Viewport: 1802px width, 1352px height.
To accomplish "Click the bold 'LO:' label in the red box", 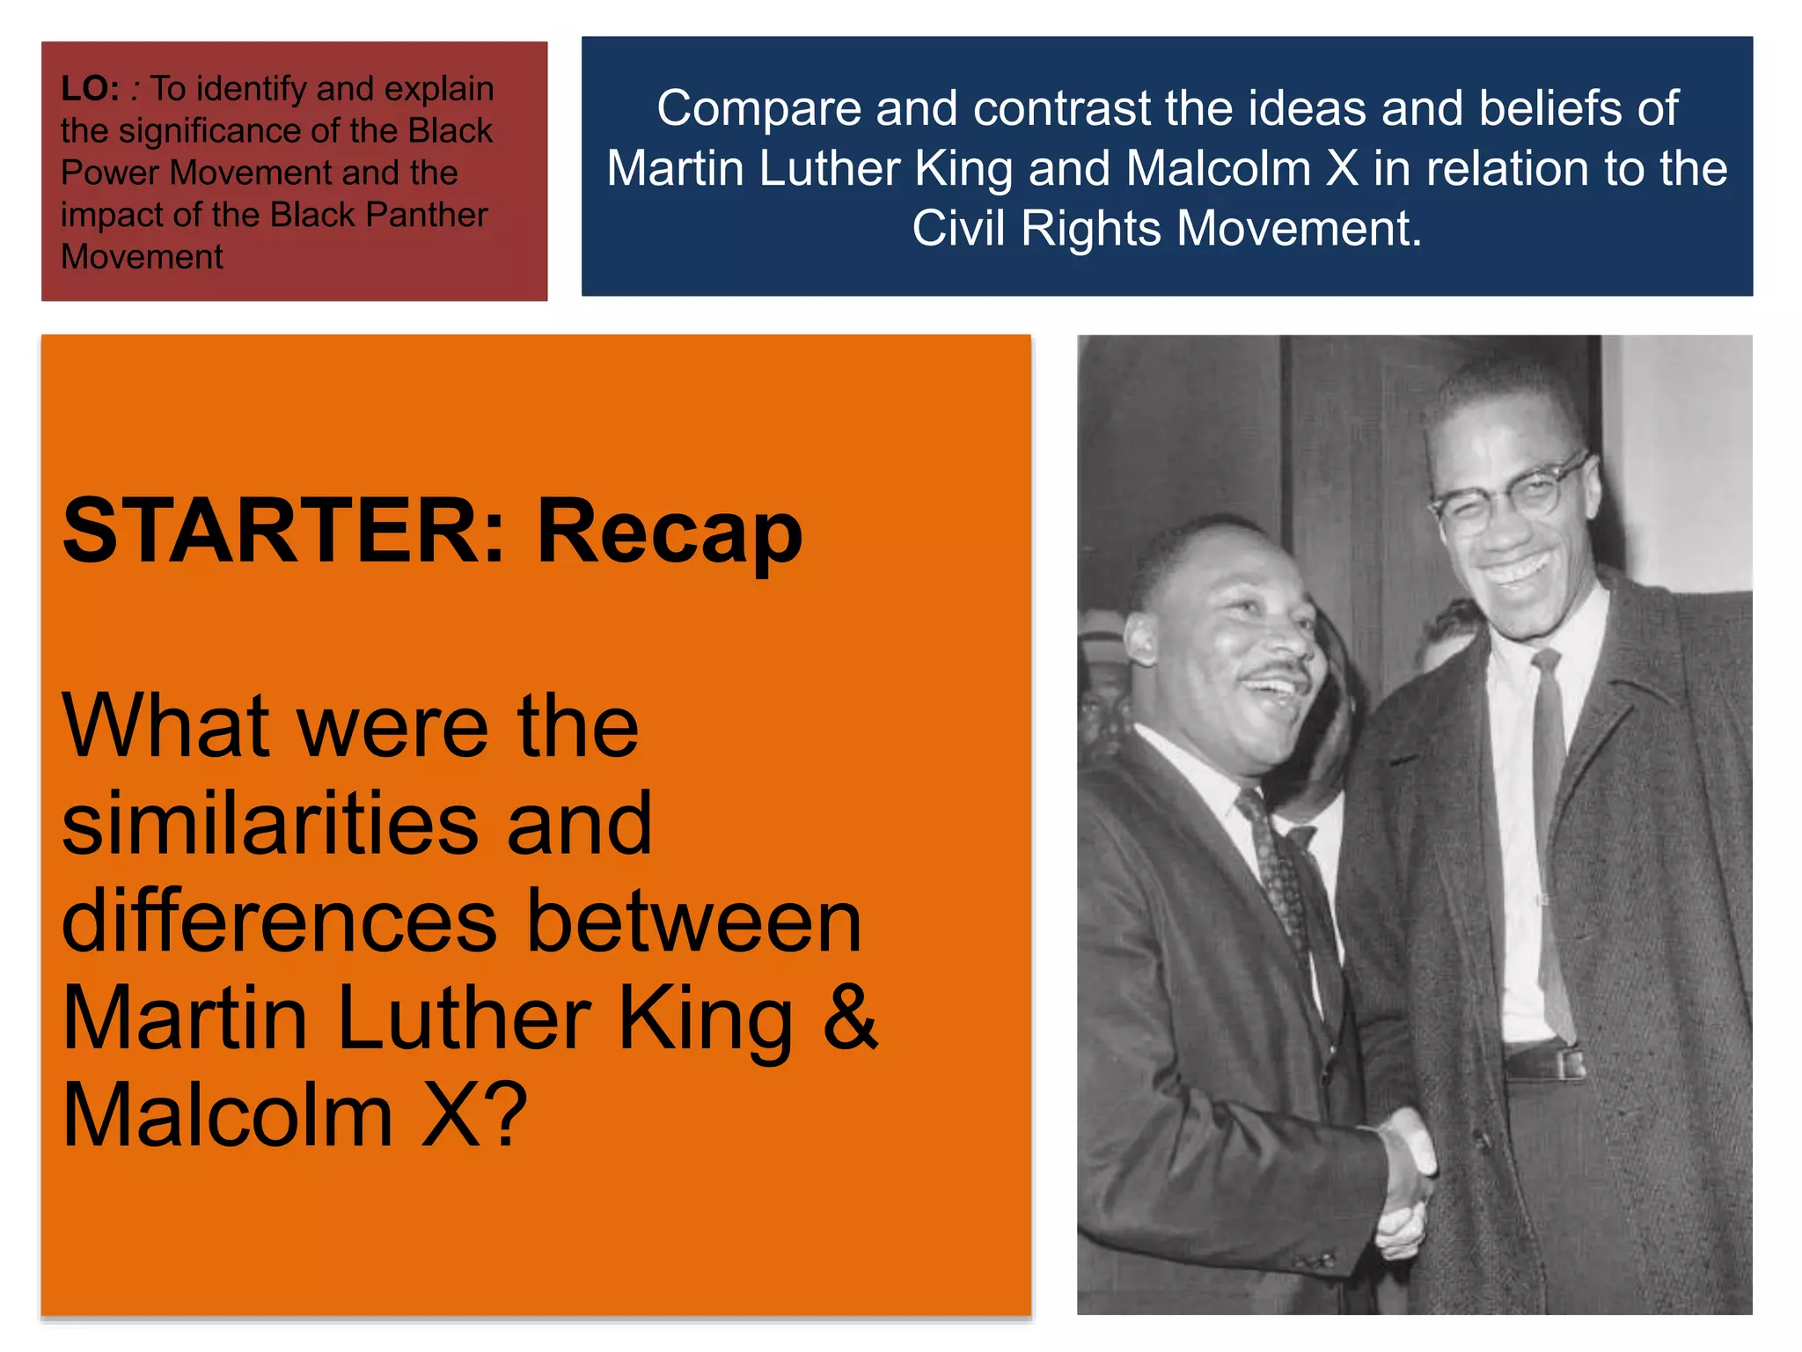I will (90, 89).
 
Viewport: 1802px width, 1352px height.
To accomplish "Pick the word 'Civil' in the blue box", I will (959, 229).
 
